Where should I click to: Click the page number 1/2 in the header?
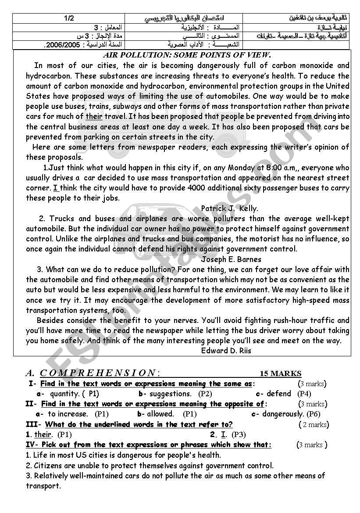(x=69, y=18)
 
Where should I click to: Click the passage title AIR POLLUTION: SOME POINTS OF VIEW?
(x=187, y=55)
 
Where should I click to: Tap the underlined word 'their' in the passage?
(x=94, y=116)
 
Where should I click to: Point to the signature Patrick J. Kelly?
(x=229, y=208)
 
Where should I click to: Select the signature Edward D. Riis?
(x=226, y=350)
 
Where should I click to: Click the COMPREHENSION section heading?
(x=97, y=373)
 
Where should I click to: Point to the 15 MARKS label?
(x=281, y=373)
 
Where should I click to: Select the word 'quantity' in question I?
(x=64, y=394)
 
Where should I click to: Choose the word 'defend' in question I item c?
(x=279, y=394)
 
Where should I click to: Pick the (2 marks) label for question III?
(x=314, y=424)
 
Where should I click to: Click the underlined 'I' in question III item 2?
(x=224, y=434)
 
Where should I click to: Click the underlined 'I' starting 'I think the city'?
(x=56, y=188)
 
